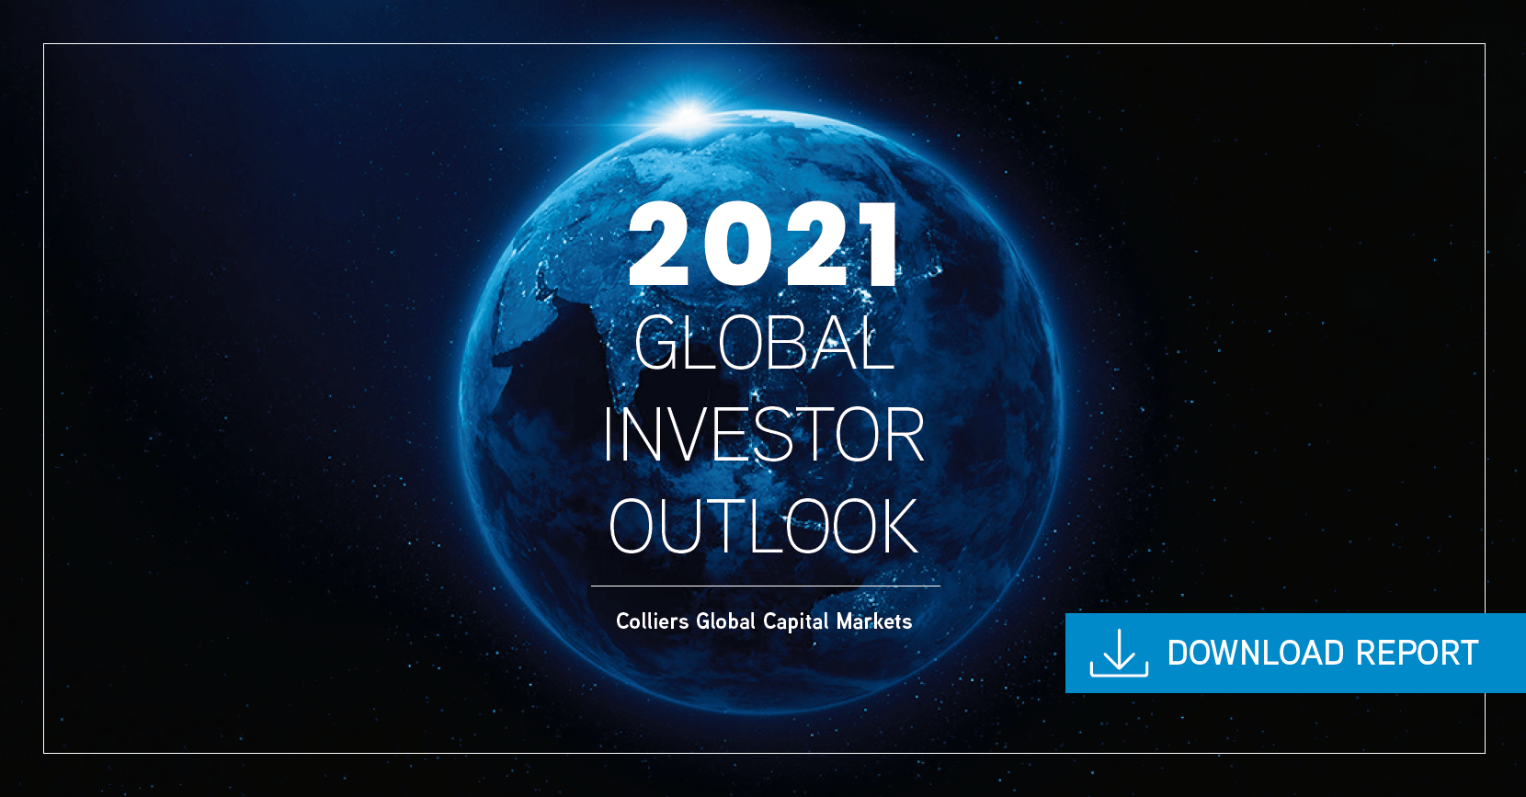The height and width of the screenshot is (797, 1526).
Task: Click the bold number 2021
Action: tap(764, 244)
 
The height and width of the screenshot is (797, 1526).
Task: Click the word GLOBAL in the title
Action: tap(764, 343)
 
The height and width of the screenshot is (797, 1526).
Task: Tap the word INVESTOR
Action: tap(764, 435)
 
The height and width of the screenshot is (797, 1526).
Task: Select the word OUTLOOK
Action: tap(764, 525)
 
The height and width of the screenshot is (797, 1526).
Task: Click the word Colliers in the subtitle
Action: tap(652, 621)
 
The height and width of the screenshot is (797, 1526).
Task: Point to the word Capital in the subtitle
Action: tap(796, 622)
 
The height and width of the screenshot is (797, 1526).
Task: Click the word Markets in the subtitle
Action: tap(874, 621)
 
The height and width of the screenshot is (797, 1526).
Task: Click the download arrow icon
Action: tap(1119, 653)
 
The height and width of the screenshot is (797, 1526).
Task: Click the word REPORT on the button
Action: tap(1417, 653)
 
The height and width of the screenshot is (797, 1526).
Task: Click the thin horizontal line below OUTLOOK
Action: tap(765, 586)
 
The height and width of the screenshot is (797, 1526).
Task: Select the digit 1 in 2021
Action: tap(879, 244)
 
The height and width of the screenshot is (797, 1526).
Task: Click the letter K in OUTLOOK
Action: tap(894, 525)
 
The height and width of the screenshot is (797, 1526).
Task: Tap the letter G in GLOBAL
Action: tap(657, 343)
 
